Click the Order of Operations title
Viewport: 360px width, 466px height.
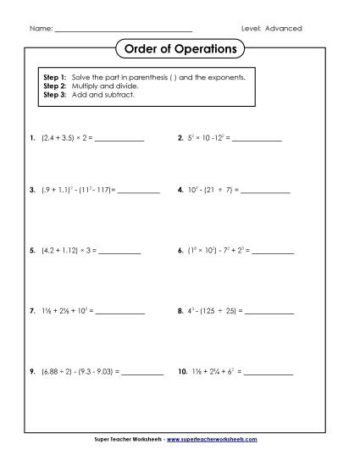click(180, 49)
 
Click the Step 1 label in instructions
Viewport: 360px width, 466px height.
click(54, 77)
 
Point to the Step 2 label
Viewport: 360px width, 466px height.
click(54, 86)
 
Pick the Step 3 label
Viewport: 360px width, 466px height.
click(54, 94)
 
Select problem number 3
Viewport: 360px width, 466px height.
click(31, 191)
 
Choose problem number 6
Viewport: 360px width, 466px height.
click(181, 252)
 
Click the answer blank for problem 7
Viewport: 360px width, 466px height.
click(119, 313)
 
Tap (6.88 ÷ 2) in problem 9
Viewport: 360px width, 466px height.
click(57, 372)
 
